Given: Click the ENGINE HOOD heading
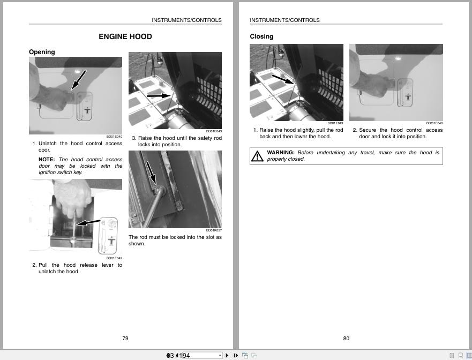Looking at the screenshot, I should pyautogui.click(x=125, y=36).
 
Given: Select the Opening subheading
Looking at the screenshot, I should pyautogui.click(x=42, y=52).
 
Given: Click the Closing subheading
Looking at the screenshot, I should pyautogui.click(x=261, y=36).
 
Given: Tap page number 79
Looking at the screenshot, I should pyautogui.click(x=125, y=338).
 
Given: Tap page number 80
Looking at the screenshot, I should pyautogui.click(x=346, y=338).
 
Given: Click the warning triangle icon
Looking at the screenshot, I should pyautogui.click(x=257, y=156).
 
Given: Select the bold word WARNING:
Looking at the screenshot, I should pyautogui.click(x=280, y=153).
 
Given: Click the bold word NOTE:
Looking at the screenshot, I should pyautogui.click(x=47, y=160).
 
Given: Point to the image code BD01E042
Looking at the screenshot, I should pyautogui.click(x=114, y=258).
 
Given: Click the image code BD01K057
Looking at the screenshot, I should pyautogui.click(x=214, y=230).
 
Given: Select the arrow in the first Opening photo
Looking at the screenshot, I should pyautogui.click(x=78, y=79).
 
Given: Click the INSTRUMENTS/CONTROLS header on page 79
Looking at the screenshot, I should pyautogui.click(x=186, y=20).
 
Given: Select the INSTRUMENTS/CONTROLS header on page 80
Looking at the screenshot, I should pyautogui.click(x=284, y=20).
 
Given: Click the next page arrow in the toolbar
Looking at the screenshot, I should pyautogui.click(x=227, y=355).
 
